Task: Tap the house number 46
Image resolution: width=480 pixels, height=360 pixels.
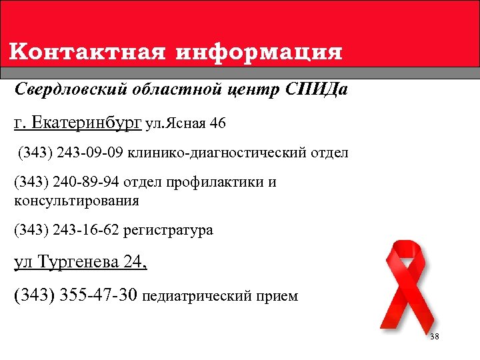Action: point(217,123)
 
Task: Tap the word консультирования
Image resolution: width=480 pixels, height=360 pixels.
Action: point(77,199)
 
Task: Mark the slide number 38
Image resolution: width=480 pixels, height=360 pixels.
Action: point(434,337)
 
